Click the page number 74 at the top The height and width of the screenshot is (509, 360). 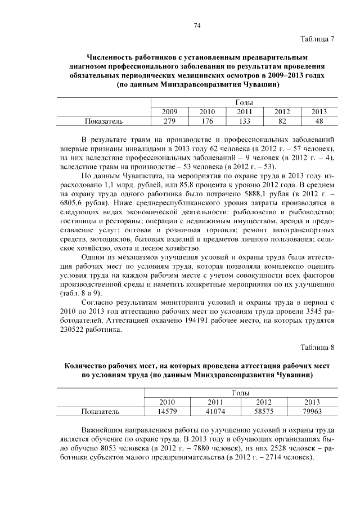click(197, 25)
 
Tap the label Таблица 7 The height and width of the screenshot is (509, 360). click(318, 39)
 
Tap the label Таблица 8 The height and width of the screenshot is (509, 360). click(318, 347)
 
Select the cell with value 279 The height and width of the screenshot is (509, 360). click(169, 121)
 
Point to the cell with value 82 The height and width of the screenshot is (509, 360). click(282, 121)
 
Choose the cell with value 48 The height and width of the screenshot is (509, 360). click(319, 121)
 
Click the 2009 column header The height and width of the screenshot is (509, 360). click(169, 112)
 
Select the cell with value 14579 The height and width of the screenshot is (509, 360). click(167, 411)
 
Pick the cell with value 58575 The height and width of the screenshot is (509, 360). click(264, 411)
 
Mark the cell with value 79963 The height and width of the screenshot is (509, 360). click(312, 411)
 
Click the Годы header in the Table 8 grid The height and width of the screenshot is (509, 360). click(240, 393)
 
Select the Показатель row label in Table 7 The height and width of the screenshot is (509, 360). click(103, 121)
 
